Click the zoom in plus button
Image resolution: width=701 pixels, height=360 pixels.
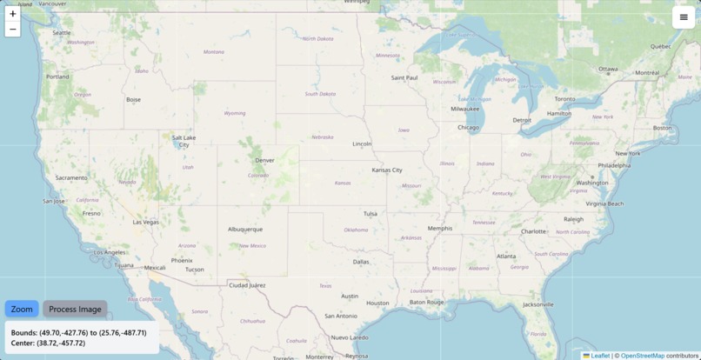pyautogui.click(x=12, y=14)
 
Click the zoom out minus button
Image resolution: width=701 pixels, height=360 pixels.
pyautogui.click(x=12, y=30)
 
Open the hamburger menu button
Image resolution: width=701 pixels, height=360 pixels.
pyautogui.click(x=684, y=17)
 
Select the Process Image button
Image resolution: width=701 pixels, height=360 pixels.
pyautogui.click(x=75, y=309)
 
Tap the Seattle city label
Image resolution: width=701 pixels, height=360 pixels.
pyautogui.click(x=62, y=33)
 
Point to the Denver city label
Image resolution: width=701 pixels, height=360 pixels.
pyautogui.click(x=264, y=160)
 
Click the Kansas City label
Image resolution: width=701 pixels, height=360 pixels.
pyautogui.click(x=386, y=170)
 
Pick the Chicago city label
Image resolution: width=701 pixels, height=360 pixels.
pyautogui.click(x=468, y=128)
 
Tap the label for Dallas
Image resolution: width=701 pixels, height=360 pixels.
pyautogui.click(x=361, y=261)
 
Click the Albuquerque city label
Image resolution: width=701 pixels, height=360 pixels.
pyautogui.click(x=245, y=230)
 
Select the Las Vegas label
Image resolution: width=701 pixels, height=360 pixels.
pyautogui.click(x=146, y=222)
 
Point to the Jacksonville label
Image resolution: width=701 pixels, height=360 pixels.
pyautogui.click(x=538, y=304)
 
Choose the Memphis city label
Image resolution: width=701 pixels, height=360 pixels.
pyautogui.click(x=440, y=229)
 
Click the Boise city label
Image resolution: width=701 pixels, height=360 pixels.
pyautogui.click(x=133, y=100)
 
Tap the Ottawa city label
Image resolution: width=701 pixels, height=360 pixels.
pyautogui.click(x=608, y=70)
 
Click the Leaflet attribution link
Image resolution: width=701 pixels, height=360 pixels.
pyautogui.click(x=600, y=356)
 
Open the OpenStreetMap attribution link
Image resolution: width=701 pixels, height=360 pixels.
pyautogui.click(x=642, y=356)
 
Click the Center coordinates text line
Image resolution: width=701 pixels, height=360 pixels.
pyautogui.click(x=48, y=343)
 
